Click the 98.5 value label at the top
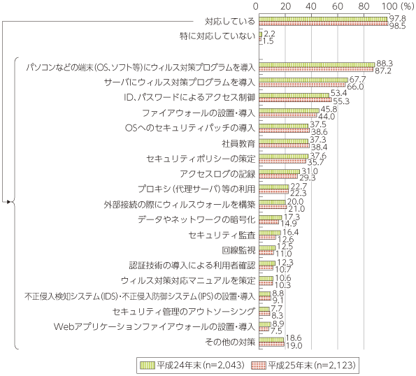[x=397, y=27]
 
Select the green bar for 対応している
[x=323, y=19]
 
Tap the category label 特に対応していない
[x=217, y=36]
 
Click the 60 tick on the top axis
[x=338, y=6]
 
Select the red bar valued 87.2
[x=316, y=70]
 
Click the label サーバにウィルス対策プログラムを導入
[x=180, y=82]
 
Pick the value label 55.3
[x=341, y=101]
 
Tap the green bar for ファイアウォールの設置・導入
[x=289, y=110]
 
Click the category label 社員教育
[x=238, y=144]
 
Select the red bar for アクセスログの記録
[x=278, y=176]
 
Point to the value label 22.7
[x=299, y=187]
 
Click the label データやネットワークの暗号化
[x=196, y=219]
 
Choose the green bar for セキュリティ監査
[x=270, y=233]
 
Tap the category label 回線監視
[x=238, y=250]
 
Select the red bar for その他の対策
[x=272, y=344]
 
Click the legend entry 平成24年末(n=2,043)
[x=192, y=366]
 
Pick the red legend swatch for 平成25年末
[x=259, y=366]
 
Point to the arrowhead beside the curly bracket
[x=9, y=202]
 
